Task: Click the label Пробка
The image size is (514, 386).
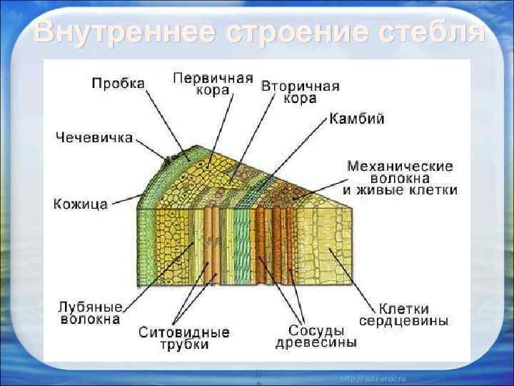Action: coord(117,83)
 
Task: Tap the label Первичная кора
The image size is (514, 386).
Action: coord(213,84)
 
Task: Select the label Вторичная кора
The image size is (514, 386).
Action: coord(300,92)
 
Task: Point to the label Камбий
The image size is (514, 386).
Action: coord(356,119)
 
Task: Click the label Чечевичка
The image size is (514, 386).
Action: coord(94,137)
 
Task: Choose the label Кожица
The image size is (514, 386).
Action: coord(81,204)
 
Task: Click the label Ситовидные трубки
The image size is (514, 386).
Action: coord(184,338)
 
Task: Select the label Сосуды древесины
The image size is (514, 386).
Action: coord(316,337)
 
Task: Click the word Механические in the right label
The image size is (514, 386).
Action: coord(400,165)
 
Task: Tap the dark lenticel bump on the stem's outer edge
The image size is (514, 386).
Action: coord(171,159)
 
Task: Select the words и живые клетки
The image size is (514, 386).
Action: coord(400,190)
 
